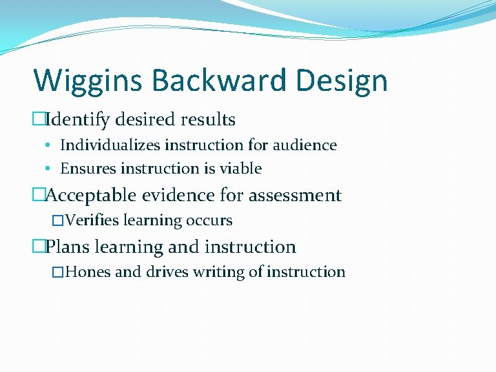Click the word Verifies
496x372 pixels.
click(x=93, y=221)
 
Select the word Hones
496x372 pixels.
click(x=90, y=272)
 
